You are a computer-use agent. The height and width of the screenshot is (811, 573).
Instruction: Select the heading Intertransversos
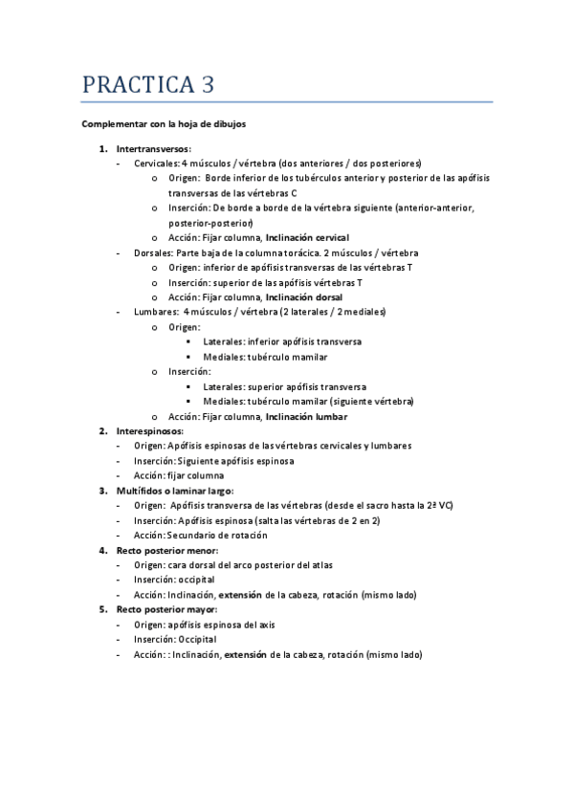(x=153, y=148)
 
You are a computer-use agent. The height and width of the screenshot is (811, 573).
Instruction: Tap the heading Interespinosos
(x=150, y=430)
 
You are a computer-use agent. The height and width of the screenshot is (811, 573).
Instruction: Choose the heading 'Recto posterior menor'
(x=166, y=550)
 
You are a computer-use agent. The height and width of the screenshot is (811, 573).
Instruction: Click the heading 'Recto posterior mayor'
(x=166, y=609)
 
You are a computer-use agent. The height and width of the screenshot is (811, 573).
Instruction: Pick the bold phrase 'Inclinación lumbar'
(x=306, y=416)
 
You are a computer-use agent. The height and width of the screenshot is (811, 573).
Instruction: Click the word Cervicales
(x=156, y=163)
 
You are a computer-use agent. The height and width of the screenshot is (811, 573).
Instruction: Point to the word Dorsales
(x=152, y=252)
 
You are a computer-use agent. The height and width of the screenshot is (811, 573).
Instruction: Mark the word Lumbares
(x=153, y=312)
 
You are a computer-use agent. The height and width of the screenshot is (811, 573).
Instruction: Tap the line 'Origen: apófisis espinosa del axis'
(x=209, y=625)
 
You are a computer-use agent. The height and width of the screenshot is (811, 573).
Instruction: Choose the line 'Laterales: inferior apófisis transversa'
(x=282, y=341)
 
